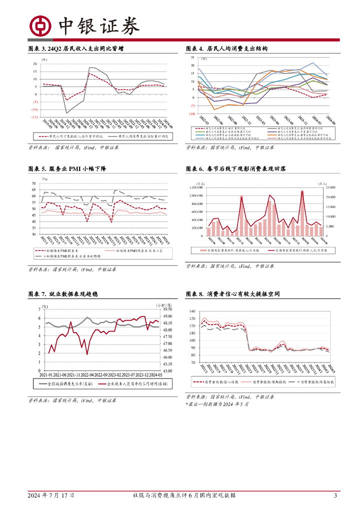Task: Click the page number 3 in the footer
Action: tap(335, 495)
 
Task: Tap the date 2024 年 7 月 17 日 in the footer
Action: tap(51, 495)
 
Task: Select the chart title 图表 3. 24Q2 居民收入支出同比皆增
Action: tap(76, 48)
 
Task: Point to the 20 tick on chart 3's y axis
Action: tap(35, 64)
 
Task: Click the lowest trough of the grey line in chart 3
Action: tap(67, 113)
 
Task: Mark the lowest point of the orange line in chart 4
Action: tap(215, 109)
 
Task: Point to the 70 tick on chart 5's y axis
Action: tap(33, 183)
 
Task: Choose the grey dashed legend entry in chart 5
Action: tap(69, 256)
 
